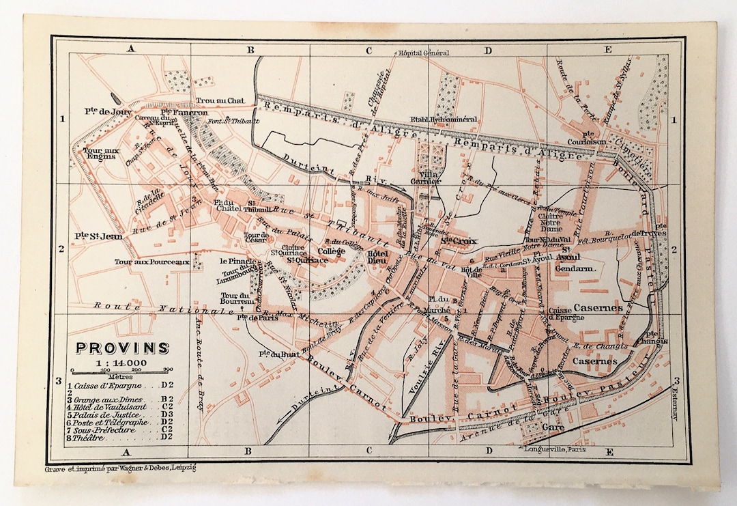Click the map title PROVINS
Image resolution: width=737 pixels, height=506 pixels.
point(122,348)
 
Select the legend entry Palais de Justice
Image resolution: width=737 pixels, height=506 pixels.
point(109,414)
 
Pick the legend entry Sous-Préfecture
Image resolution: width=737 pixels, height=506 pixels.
point(109,430)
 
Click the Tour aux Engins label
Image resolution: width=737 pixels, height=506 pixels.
point(100,153)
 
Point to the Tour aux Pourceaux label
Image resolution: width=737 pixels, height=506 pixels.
point(151,262)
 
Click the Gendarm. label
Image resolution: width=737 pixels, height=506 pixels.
point(576,269)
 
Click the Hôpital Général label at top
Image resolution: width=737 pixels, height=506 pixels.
point(422,53)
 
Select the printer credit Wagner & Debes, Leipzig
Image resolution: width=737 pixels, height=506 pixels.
point(120,469)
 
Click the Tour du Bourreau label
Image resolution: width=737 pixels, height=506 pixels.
point(237,298)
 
